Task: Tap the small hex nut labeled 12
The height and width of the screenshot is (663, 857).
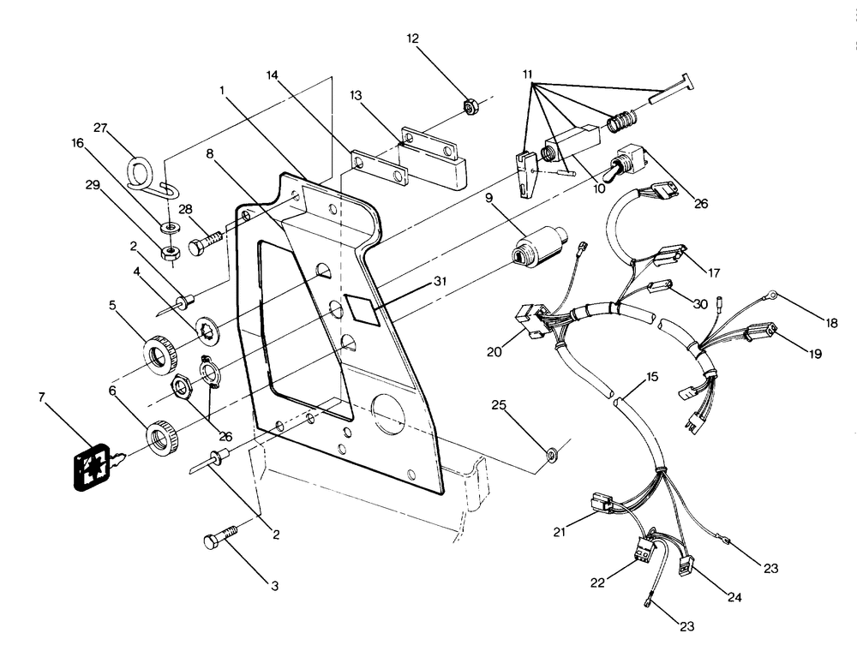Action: click(x=470, y=106)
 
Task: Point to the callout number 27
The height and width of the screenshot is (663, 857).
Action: click(x=101, y=129)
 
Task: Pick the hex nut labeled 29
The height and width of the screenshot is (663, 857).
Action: click(x=170, y=254)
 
